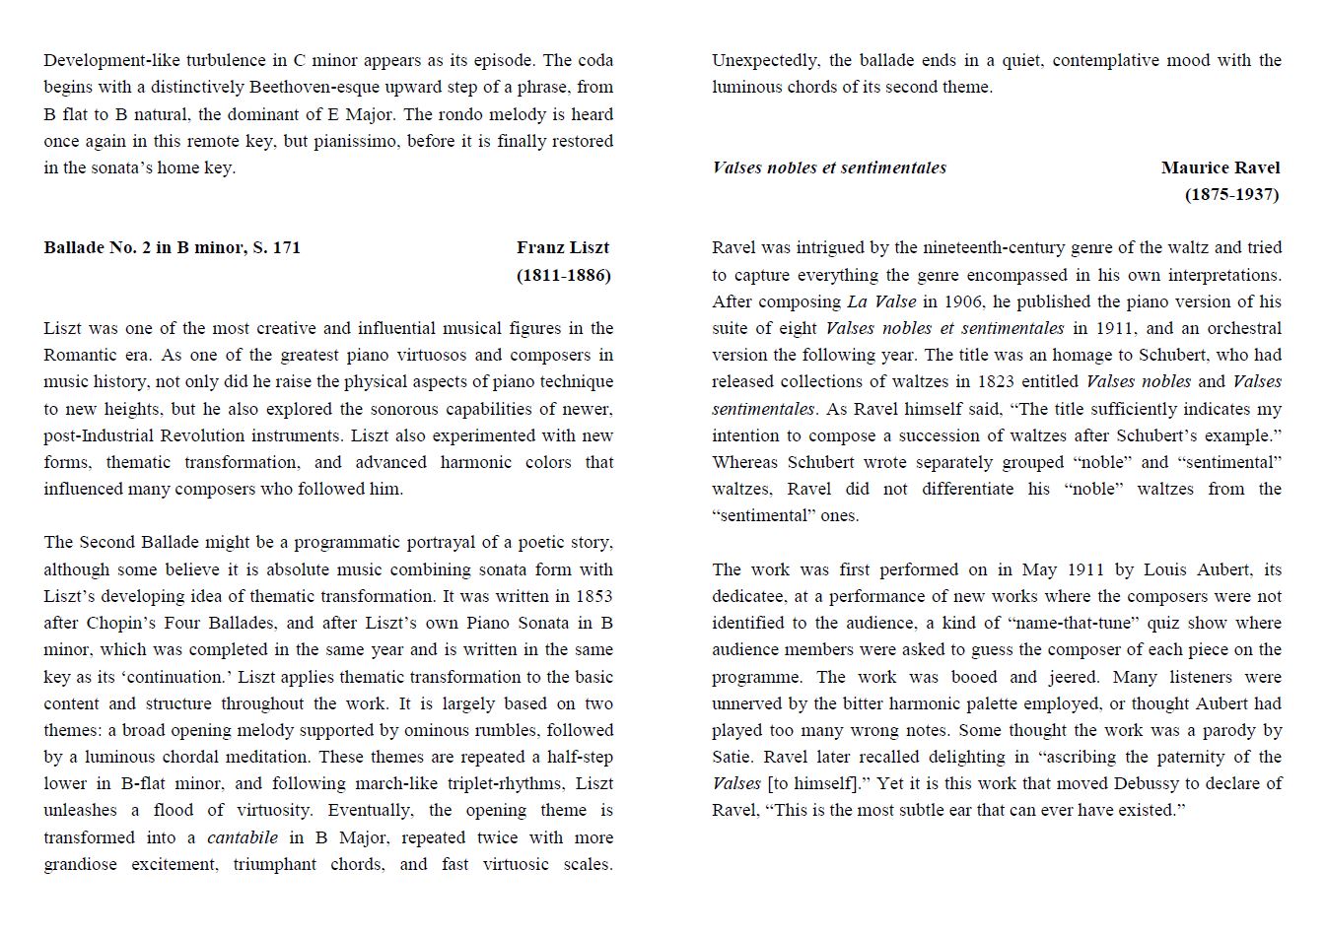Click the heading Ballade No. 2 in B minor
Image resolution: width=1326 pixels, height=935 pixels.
[x=172, y=248]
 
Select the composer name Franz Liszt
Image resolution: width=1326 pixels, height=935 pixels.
[x=563, y=248]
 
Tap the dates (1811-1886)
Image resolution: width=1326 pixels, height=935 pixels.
[x=563, y=275]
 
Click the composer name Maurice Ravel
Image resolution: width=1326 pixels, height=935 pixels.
[x=1221, y=167]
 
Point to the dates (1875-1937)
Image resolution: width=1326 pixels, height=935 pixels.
[x=1231, y=194]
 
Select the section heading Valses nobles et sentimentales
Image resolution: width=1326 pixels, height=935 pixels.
[x=828, y=167]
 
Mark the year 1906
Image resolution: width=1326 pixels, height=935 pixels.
[x=962, y=301]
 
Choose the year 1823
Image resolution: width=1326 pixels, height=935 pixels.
[x=998, y=381]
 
